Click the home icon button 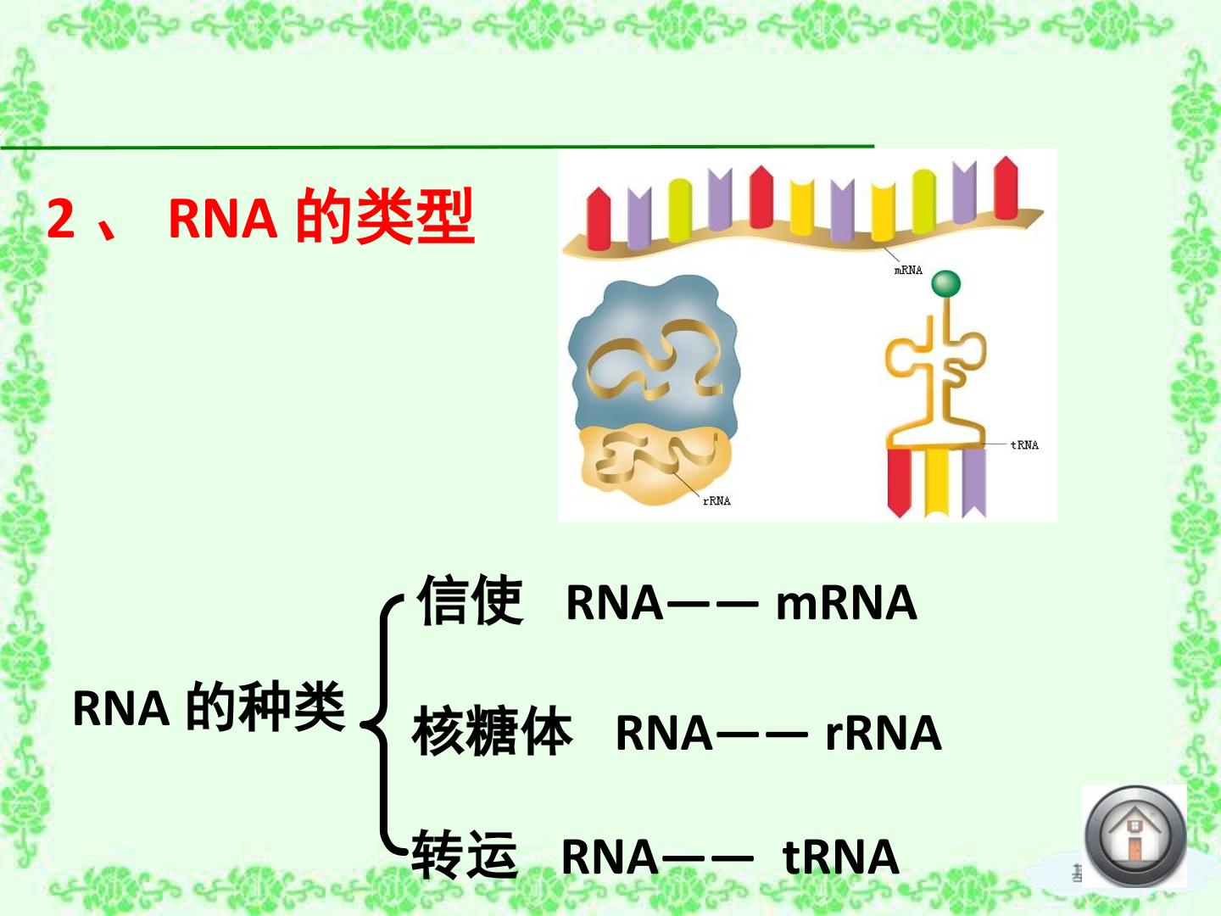click(x=1135, y=835)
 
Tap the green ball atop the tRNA click(x=945, y=283)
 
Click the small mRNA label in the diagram click(x=908, y=271)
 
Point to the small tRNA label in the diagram click(x=1024, y=445)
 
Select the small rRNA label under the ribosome click(x=716, y=500)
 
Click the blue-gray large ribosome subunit click(x=654, y=356)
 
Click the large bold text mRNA click(x=846, y=603)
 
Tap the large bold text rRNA click(x=884, y=733)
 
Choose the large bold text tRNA click(x=840, y=857)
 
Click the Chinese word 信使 click(x=471, y=600)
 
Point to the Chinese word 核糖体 click(x=493, y=730)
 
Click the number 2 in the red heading click(x=61, y=219)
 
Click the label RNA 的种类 click(x=209, y=707)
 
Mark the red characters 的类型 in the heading click(x=386, y=216)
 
